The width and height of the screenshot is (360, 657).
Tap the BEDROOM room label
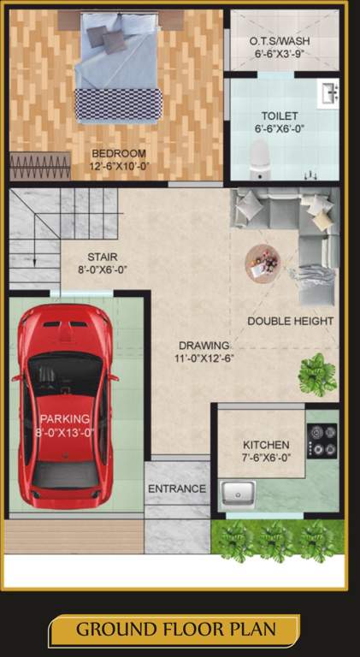(119, 154)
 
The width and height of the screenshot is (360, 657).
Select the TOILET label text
(279, 115)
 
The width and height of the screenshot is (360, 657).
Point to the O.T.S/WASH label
(280, 41)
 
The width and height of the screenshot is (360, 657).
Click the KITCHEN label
(266, 445)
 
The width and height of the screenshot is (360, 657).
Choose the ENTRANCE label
(177, 488)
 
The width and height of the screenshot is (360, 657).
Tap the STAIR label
(102, 256)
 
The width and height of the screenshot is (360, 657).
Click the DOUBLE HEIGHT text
(291, 321)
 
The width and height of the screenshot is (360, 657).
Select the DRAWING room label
(204, 346)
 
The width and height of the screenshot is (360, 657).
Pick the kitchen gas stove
(322, 440)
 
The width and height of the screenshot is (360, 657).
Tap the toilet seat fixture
(259, 157)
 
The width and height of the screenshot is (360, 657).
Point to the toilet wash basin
(328, 92)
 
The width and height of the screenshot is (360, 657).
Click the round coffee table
(263, 261)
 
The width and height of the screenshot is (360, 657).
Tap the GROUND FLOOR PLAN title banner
(175, 630)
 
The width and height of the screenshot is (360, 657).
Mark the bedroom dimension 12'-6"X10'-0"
(119, 166)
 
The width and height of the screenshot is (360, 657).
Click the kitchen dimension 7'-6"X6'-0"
(266, 458)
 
